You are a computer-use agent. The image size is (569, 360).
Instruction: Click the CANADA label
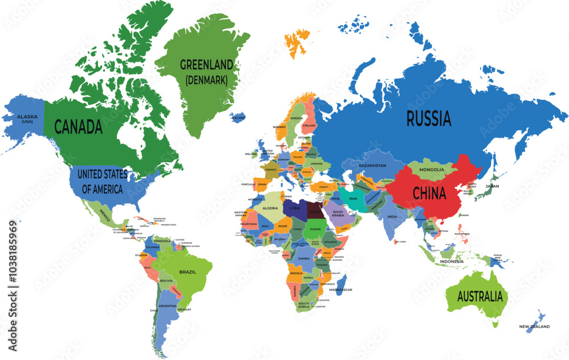coord(78,126)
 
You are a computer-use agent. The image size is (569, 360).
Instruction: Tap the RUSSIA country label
coord(428,119)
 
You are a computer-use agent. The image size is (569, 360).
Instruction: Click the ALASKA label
coord(27,117)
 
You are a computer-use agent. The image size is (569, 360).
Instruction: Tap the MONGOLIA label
coord(431,169)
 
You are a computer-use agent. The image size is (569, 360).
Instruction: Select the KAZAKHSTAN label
coord(372,165)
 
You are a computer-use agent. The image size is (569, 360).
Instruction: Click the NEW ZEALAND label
coord(534,326)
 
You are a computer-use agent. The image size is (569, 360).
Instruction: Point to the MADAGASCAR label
coord(341,289)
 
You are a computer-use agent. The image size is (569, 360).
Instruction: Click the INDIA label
coord(393,217)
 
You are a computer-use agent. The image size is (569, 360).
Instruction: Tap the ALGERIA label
coord(270,208)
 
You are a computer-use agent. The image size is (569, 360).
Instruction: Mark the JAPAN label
coord(492,186)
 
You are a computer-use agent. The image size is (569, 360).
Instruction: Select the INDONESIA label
coord(452,262)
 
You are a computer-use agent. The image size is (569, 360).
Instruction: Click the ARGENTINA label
coord(167,305)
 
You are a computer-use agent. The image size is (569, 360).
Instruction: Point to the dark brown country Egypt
coord(315,212)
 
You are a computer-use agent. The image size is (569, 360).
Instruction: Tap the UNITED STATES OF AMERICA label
coord(102,181)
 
